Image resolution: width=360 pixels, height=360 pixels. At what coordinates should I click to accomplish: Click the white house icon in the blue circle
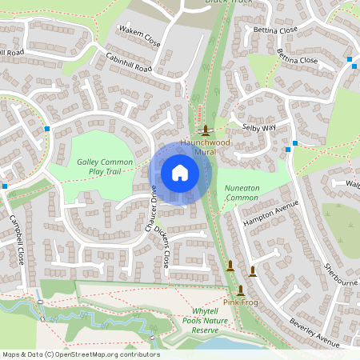[180, 173]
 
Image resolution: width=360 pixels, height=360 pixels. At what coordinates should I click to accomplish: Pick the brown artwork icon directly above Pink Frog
[240, 290]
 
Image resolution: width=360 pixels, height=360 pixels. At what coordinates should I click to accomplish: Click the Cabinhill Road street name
[129, 63]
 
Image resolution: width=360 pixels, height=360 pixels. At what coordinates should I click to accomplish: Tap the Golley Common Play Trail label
[104, 166]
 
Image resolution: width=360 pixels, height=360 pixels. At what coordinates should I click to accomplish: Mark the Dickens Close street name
[162, 248]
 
